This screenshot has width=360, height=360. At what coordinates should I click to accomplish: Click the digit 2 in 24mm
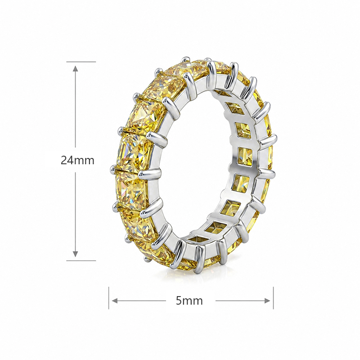click(x=63, y=160)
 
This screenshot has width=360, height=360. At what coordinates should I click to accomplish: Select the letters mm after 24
click(x=84, y=161)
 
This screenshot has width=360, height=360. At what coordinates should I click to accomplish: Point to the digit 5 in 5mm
click(x=179, y=300)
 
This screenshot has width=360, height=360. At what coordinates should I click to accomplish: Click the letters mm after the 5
click(x=193, y=301)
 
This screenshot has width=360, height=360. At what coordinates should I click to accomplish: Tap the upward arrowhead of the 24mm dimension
click(x=75, y=68)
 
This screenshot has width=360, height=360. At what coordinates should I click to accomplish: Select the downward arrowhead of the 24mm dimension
click(x=75, y=254)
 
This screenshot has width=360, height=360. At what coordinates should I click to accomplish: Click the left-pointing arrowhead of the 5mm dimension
click(x=115, y=301)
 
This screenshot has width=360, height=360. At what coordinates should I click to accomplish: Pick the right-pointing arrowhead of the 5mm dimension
click(x=267, y=301)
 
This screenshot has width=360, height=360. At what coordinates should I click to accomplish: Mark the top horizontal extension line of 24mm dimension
click(x=81, y=62)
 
